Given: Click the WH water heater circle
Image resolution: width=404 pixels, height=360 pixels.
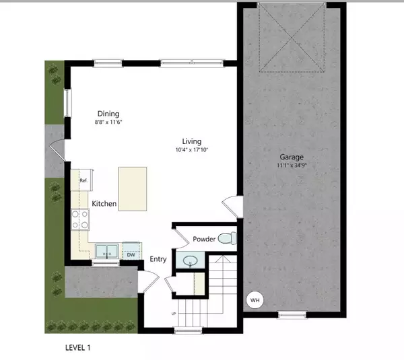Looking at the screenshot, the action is [x=255, y=300].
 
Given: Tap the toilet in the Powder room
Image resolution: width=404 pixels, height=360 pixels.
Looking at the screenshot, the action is [x=228, y=238].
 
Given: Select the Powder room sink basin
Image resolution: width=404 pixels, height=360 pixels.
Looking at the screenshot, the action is [x=191, y=261].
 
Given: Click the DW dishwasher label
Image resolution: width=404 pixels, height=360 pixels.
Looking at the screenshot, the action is [x=131, y=255].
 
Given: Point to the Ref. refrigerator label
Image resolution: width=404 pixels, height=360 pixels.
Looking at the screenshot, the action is [x=83, y=180].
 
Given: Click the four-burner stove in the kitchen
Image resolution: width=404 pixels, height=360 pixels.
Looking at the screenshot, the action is [x=80, y=219].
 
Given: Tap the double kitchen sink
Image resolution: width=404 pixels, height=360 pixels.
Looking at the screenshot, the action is [x=107, y=251].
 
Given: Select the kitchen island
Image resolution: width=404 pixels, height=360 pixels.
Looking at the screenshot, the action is [x=133, y=189].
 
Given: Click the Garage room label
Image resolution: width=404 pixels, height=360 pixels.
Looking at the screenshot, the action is [x=292, y=157].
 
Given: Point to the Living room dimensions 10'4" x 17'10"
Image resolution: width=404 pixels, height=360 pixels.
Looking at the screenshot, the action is [x=192, y=149].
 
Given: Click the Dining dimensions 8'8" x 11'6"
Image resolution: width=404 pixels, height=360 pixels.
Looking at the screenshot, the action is [x=108, y=122].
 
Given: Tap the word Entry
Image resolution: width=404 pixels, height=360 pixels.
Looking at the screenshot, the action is [x=158, y=259].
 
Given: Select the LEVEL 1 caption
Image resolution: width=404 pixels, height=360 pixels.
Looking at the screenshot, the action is [x=78, y=348].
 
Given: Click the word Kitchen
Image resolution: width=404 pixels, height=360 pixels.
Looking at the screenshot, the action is [x=104, y=204].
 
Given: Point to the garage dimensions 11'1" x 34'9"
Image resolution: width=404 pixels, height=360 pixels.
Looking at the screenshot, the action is [x=292, y=166].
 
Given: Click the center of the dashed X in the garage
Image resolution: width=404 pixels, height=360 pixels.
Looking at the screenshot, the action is [x=292, y=38].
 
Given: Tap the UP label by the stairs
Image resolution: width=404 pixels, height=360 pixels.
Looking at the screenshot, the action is [x=174, y=314].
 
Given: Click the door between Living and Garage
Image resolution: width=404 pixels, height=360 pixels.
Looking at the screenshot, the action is [x=232, y=207].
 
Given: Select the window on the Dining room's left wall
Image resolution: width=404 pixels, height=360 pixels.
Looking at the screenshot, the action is [x=67, y=102].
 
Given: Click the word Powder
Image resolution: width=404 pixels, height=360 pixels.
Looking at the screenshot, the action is [x=204, y=240].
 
